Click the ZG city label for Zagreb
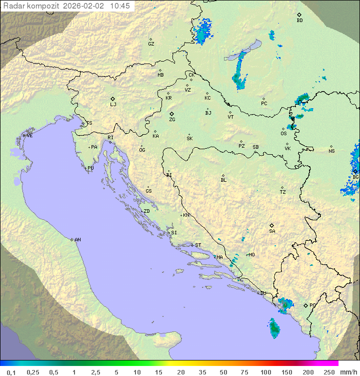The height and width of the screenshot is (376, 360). pos(172,120)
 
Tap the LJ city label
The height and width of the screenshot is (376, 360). pos(113,105)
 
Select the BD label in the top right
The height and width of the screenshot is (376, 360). pos(299,21)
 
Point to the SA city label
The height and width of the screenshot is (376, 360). pos(272,231)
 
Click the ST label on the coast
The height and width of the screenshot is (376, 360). pos(198,245)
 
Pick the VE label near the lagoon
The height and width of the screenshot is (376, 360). pos(29,136)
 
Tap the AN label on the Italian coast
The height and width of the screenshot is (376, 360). pos(77,240)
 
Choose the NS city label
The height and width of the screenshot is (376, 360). pos(331,151)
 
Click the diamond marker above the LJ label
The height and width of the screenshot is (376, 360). pos(113,99)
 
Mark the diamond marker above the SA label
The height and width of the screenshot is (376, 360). pos(272,225)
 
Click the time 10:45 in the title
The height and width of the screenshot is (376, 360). pos(120,6)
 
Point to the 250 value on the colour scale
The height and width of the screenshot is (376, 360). pos(329,372)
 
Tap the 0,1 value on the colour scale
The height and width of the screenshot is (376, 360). pos(11,372)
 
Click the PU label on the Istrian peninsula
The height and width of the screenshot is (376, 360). pos(90,168)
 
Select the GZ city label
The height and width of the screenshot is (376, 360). pos(151,44)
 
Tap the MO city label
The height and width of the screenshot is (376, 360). pos(251,255)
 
